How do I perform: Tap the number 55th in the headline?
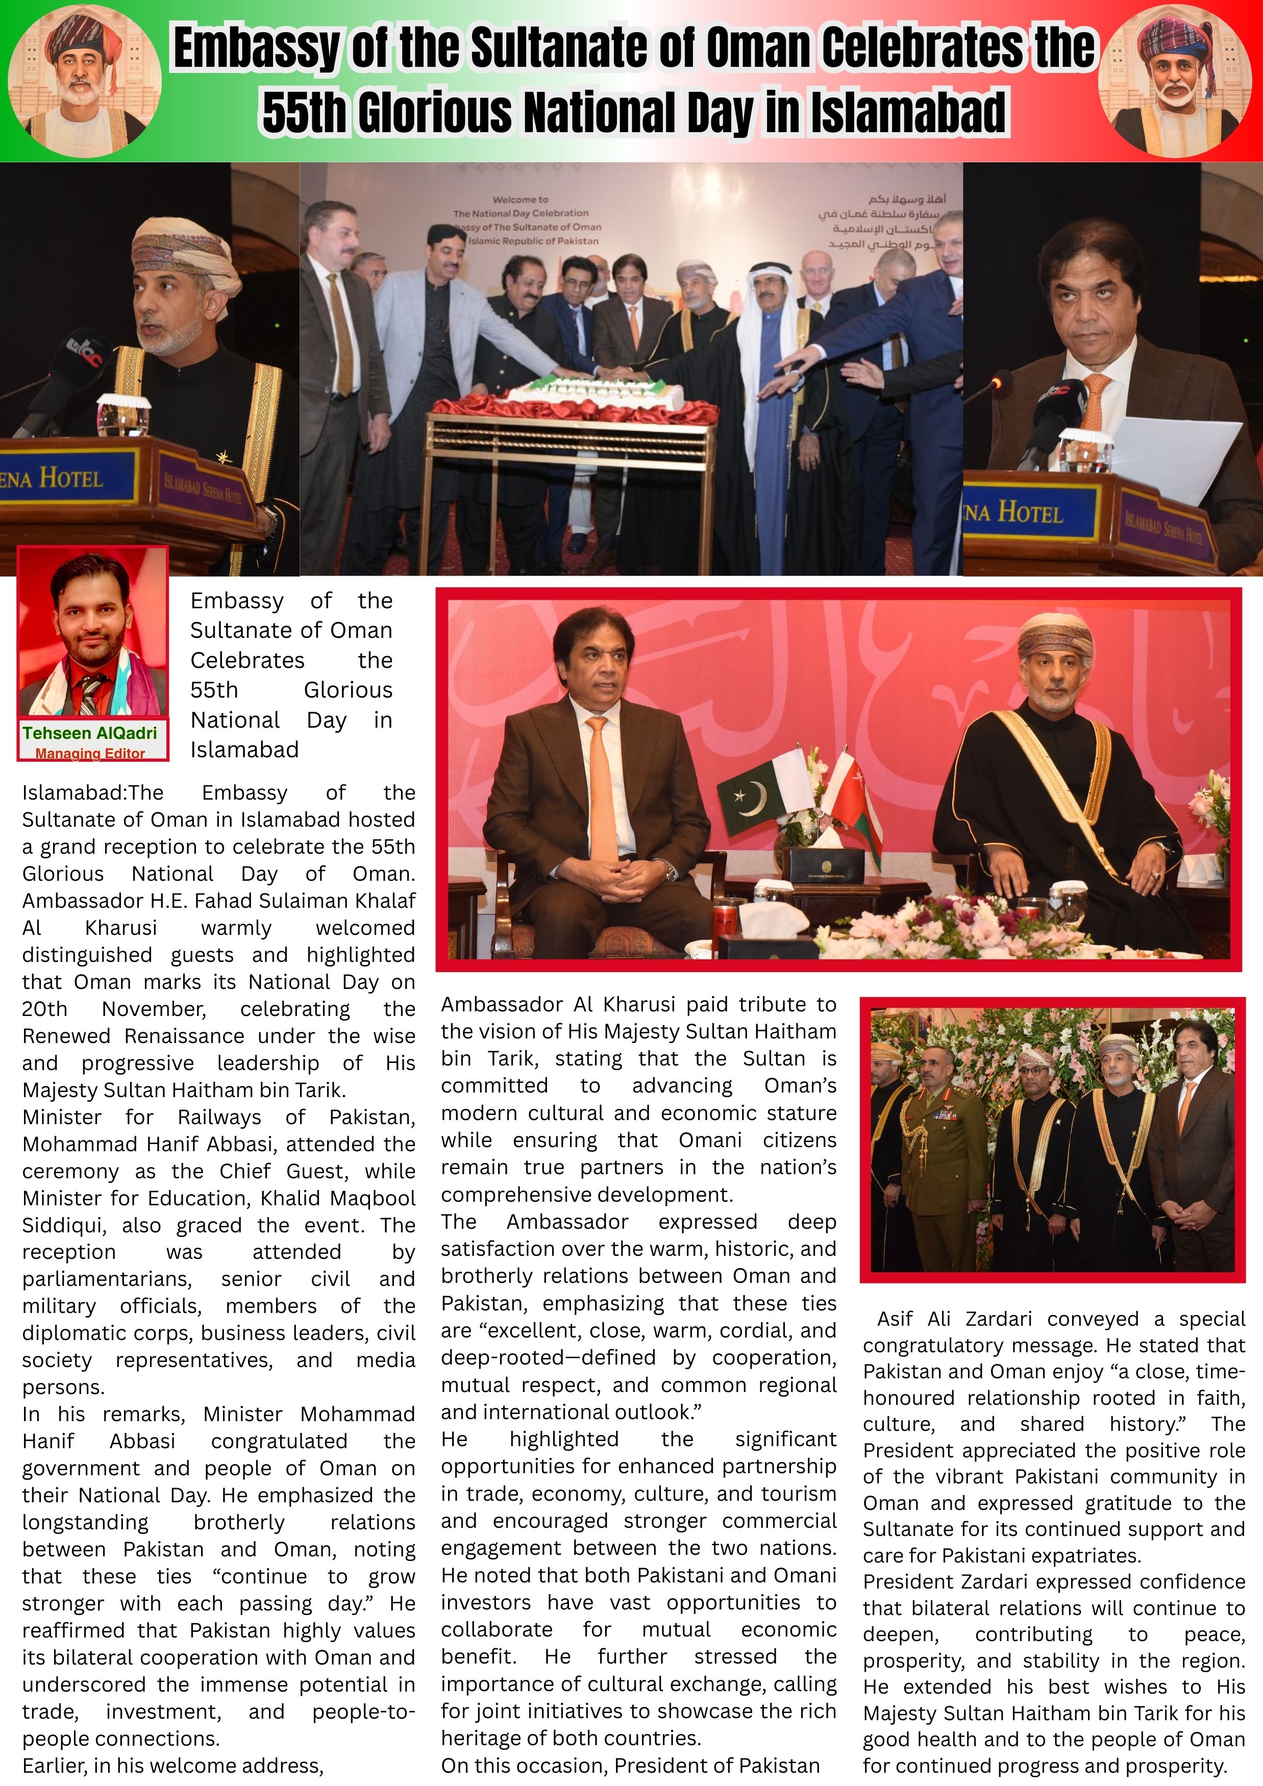[304, 113]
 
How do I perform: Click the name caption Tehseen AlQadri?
[89, 733]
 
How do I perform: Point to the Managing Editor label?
[89, 753]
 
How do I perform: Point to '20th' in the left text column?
[44, 1009]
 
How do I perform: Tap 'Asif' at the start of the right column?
[895, 1319]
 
